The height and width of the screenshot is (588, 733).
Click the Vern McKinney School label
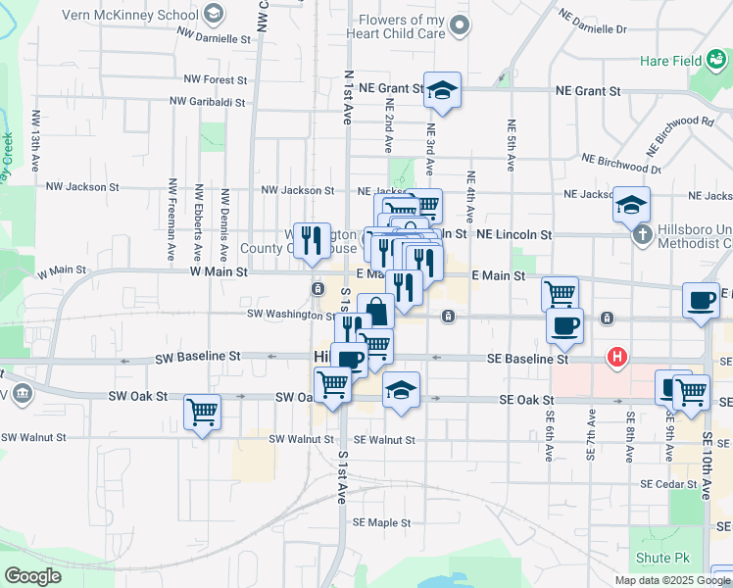pyautogui.click(x=131, y=15)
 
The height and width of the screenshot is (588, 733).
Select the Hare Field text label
pyautogui.click(x=670, y=61)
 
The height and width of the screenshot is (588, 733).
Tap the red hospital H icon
pyautogui.click(x=617, y=358)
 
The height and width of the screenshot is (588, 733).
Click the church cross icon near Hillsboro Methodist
pyautogui.click(x=641, y=234)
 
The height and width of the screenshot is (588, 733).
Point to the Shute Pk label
pyautogui.click(x=662, y=558)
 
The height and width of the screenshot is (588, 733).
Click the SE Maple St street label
pyautogui.click(x=382, y=522)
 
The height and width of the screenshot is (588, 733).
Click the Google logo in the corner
pyautogui.click(x=32, y=576)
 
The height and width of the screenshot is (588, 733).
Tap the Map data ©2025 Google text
pyautogui.click(x=671, y=580)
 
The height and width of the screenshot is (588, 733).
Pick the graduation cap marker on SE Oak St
pyautogui.click(x=401, y=390)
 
